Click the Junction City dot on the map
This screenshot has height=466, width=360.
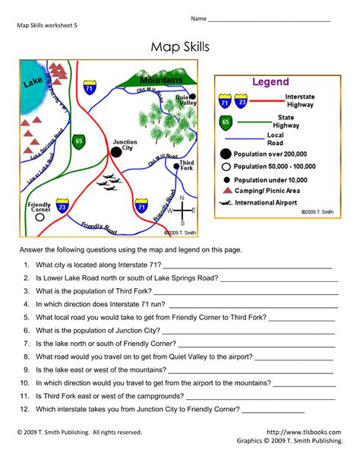[x=116, y=152]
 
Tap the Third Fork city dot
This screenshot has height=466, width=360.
[x=176, y=165]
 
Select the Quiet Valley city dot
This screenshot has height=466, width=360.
[x=193, y=97]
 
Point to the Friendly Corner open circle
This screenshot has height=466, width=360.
[x=39, y=216]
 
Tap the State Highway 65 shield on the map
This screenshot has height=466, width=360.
[x=79, y=141]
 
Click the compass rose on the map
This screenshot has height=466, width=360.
[x=182, y=211]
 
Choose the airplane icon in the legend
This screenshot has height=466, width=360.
[x=226, y=203]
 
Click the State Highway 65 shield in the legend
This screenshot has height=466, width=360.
[x=225, y=121]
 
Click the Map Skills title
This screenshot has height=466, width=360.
[x=180, y=48]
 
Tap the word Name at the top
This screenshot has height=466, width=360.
[x=199, y=18]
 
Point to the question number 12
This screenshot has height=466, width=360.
[x=25, y=408]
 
